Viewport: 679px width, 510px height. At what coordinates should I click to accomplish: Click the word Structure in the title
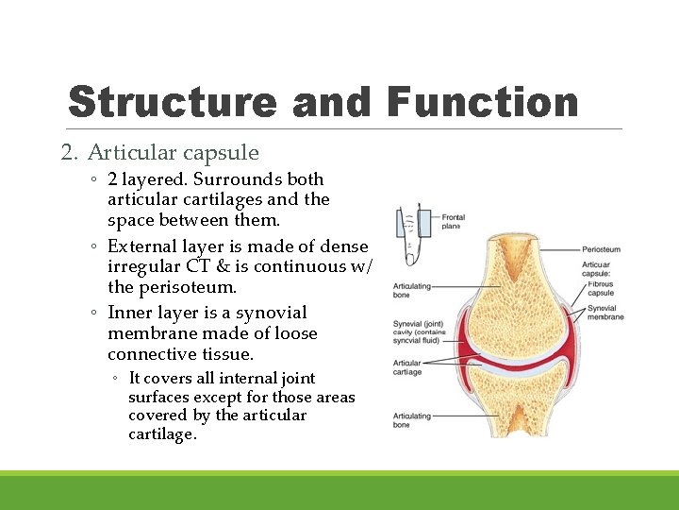(173, 102)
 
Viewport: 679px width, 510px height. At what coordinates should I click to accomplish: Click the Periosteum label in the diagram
(602, 248)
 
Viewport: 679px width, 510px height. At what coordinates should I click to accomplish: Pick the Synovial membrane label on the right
(604, 313)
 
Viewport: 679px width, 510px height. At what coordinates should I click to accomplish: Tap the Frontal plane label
(454, 222)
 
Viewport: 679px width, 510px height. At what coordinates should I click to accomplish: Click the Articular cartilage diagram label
(407, 367)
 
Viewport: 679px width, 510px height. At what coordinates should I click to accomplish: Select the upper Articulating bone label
(412, 290)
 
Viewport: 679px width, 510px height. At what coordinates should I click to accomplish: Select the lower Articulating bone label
(412, 420)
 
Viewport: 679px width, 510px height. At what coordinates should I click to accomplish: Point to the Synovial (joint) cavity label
(419, 331)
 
